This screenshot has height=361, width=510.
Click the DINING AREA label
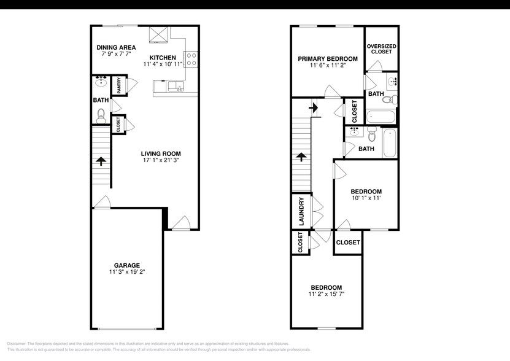tap(117, 47)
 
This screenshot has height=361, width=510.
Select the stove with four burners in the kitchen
tap(191, 58)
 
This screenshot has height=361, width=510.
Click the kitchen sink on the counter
tap(180, 86)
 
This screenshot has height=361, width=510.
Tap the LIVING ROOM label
tap(161, 153)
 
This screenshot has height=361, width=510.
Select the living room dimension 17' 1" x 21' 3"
tap(161, 161)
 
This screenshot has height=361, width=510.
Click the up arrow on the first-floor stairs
tap(101, 161)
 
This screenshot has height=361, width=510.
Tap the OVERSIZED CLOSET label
tap(381, 49)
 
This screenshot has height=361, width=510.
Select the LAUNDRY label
tap(301, 212)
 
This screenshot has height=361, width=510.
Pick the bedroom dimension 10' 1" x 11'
tap(366, 198)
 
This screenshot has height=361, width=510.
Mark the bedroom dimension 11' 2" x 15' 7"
tap(326, 295)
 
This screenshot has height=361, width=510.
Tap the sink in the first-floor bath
tap(100, 82)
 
